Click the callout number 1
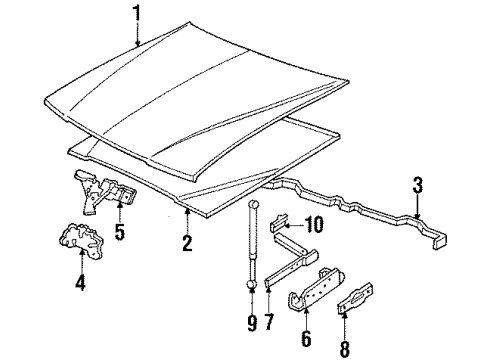coord(137,12)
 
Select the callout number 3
coord(416,184)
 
